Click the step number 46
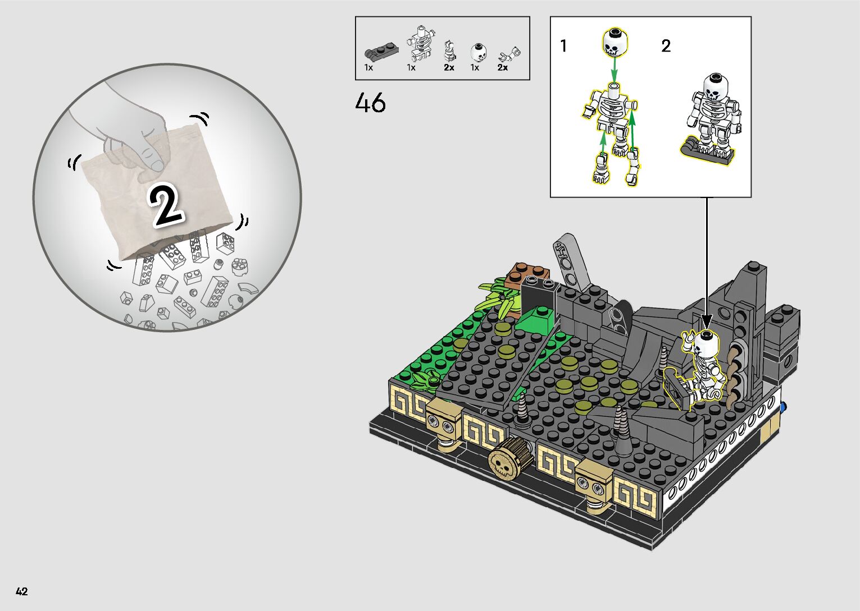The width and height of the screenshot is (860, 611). coord(370,103)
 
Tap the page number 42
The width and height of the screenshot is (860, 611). coord(22,591)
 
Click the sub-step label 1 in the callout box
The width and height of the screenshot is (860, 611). coord(563,46)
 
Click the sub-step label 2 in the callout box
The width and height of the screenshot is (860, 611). coord(666,46)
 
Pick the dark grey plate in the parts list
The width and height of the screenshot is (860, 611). coord(381,50)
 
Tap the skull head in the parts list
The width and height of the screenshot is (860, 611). coord(477,53)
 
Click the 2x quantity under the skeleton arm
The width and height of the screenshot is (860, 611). coord(503,67)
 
